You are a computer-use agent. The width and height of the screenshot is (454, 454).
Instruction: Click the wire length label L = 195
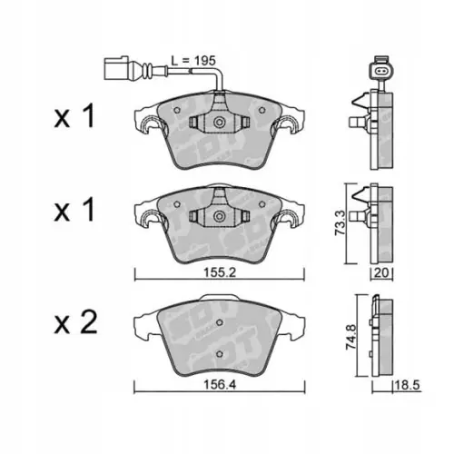[x=193, y=61]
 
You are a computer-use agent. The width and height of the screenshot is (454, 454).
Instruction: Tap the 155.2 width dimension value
[x=220, y=273]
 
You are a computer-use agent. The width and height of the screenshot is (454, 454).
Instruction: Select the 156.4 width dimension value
[x=220, y=385]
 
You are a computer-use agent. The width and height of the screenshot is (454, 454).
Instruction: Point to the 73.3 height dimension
[x=340, y=223]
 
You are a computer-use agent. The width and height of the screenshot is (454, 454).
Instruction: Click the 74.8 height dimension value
[x=351, y=337]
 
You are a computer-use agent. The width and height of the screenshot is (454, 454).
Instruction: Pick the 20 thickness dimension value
[x=381, y=273]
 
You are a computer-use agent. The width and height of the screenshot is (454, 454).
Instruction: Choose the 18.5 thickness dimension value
[x=407, y=385]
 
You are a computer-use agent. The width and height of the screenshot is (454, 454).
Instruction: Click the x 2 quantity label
[x=75, y=322]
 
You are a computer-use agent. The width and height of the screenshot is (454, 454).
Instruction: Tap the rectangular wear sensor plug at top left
[x=116, y=68]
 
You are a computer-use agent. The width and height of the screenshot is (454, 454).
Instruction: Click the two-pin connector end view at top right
[x=380, y=71]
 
